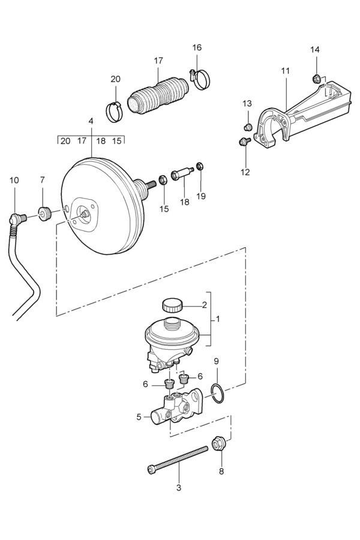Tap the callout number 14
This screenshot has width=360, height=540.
coord(315,50)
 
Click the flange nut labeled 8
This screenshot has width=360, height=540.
coord(217,443)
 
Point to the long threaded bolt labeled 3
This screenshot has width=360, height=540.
coord(178,459)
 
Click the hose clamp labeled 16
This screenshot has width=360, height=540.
coord(200,79)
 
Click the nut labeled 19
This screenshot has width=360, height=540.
coord(200,166)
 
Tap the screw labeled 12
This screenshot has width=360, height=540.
coord(244,141)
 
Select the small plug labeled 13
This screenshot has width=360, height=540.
coord(247,127)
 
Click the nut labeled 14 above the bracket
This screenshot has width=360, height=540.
coord(316,79)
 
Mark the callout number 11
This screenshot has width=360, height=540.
coord(285,71)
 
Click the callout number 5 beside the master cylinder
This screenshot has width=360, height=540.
coord(139,417)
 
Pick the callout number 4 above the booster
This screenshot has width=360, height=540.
coord(91,121)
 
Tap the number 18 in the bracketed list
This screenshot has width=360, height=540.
coord(101,141)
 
